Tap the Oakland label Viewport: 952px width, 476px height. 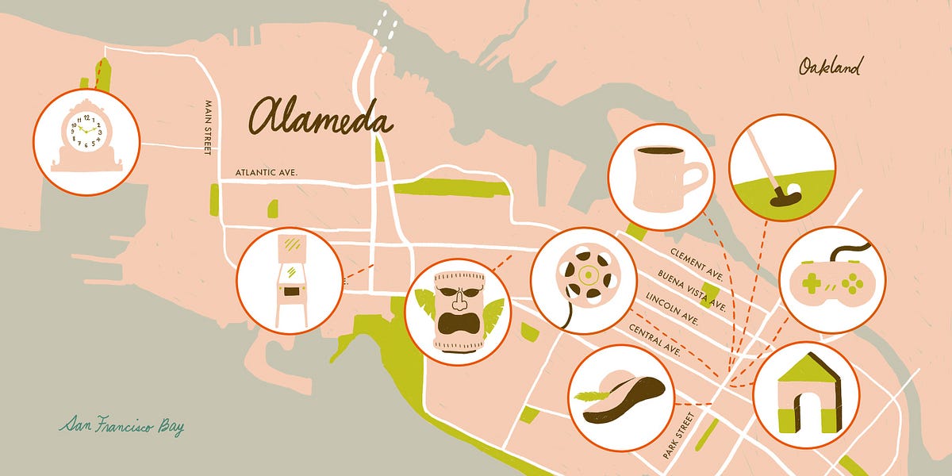829,67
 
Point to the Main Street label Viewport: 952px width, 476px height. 208,128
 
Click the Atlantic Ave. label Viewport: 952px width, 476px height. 266,171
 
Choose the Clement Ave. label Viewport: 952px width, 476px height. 697,264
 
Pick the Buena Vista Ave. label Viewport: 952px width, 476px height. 691,291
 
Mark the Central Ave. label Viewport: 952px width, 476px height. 654,338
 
